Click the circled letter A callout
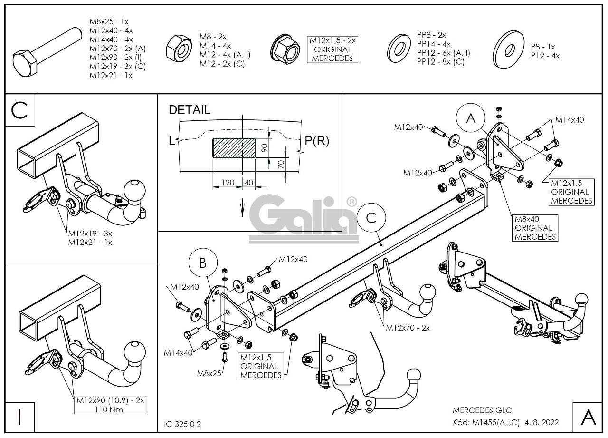pos(471,118)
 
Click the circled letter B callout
pos(203,263)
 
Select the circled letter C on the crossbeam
pos(371,218)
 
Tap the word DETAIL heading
pos(189,110)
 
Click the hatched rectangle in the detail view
pos(234,148)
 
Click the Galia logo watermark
pos(304,216)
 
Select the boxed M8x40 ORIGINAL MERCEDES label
pos(534,228)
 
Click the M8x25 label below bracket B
pos(209,373)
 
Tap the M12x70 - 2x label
pos(408,328)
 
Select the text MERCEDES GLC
pos(482,410)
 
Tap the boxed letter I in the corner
pos(19,417)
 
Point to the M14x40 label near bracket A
pos(570,120)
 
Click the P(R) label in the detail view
pos(317,141)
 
